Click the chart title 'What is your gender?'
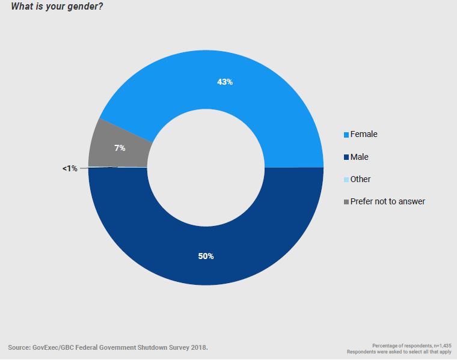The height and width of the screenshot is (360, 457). (x=54, y=7)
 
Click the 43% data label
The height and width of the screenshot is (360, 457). (x=225, y=82)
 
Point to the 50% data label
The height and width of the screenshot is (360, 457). (x=206, y=256)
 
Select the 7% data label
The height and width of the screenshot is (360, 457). (x=120, y=147)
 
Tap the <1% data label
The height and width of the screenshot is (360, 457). (x=70, y=169)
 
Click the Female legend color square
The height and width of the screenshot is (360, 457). (x=346, y=135)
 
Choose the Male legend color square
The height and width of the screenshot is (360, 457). (x=346, y=157)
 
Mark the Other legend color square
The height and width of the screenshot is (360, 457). (x=346, y=180)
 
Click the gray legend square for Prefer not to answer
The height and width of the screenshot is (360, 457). (x=346, y=202)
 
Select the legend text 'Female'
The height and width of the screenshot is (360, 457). (x=364, y=134)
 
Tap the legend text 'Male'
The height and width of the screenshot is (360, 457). (x=360, y=157)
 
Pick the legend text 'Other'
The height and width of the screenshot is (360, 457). (x=361, y=179)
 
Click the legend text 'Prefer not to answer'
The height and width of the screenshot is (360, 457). (x=388, y=201)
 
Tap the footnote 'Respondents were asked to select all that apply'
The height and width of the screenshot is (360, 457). (x=399, y=352)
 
